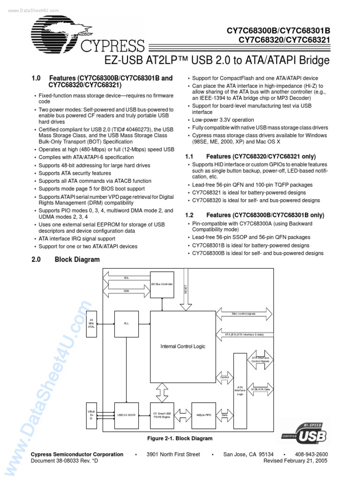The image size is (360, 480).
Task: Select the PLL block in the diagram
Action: (x=127, y=323)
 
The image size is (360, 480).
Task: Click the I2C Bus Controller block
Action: (x=162, y=284)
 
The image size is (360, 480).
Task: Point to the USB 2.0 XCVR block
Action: (x=127, y=414)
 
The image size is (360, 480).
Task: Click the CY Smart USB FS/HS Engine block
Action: (x=162, y=414)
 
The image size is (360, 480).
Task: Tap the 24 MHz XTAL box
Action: (x=91, y=323)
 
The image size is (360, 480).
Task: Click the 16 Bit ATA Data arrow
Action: (x=261, y=389)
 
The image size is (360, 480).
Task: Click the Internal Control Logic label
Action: (x=183, y=346)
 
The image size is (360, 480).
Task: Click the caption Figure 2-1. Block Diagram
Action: (x=180, y=438)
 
